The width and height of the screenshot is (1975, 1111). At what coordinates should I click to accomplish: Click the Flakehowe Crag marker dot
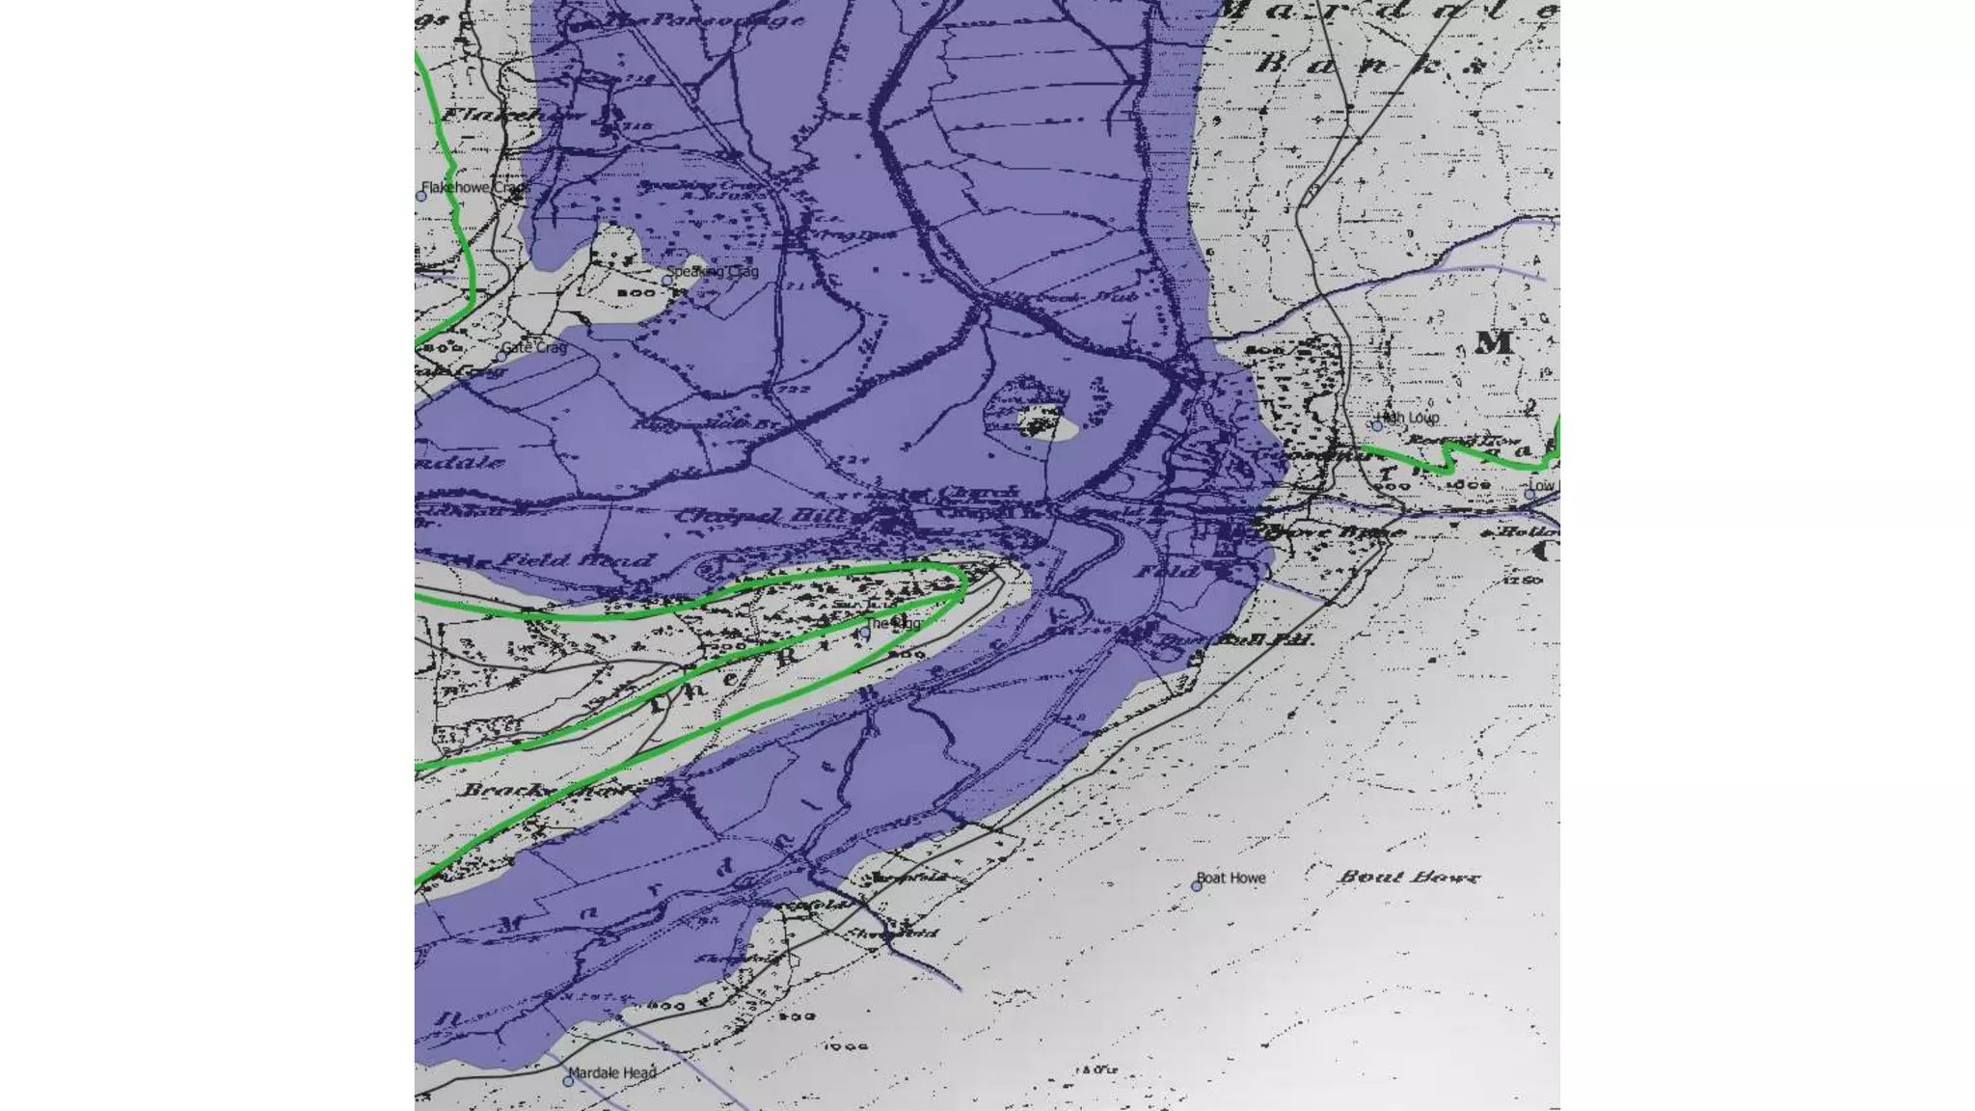click(421, 196)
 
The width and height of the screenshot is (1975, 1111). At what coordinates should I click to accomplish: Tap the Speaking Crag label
click(714, 271)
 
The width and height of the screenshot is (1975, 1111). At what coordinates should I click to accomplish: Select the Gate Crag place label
click(534, 347)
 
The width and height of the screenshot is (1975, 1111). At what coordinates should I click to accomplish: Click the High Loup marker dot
click(1377, 424)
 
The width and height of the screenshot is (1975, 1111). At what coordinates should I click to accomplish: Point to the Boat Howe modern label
click(1231, 878)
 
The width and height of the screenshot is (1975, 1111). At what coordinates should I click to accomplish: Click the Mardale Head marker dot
click(568, 1081)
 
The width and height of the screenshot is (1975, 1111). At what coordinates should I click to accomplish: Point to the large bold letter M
click(1493, 341)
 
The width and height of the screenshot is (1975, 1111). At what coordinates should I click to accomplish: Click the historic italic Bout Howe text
click(1408, 877)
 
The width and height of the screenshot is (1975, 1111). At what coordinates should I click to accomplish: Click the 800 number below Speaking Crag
click(636, 292)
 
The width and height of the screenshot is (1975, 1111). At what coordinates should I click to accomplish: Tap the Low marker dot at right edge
click(1529, 494)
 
